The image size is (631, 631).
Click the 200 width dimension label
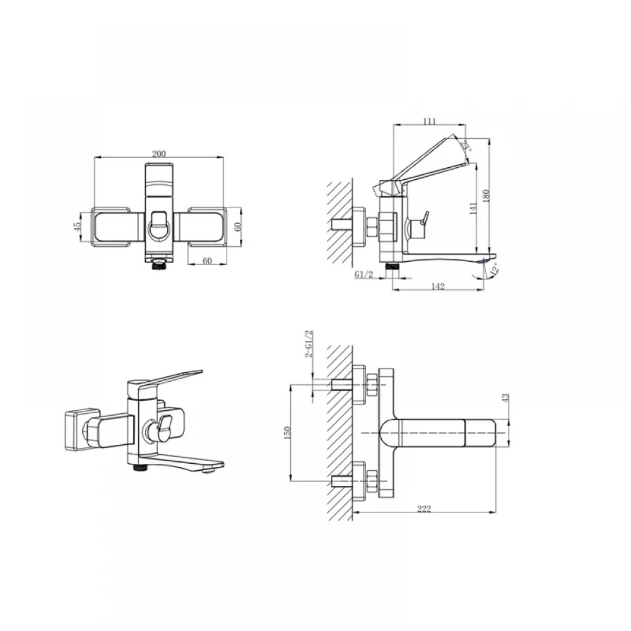[158, 153]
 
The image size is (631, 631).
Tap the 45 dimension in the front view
[78, 227]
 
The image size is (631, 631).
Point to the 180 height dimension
[486, 196]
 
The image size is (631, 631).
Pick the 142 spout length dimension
[438, 286]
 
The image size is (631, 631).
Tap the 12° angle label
[495, 269]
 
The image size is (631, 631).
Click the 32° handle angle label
[466, 145]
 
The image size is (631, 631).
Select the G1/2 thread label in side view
[364, 274]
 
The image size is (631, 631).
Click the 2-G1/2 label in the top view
[309, 344]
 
